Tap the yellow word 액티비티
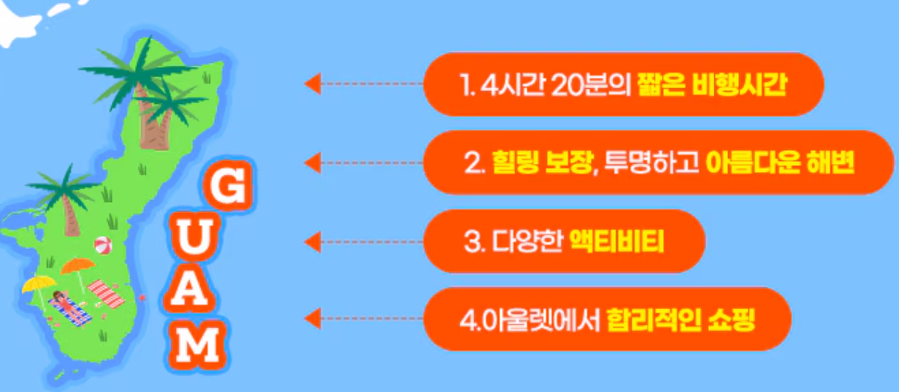(616, 240)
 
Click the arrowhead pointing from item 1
(312, 84)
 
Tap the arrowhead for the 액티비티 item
(312, 241)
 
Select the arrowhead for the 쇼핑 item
(312, 318)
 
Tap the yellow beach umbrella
(39, 284)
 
